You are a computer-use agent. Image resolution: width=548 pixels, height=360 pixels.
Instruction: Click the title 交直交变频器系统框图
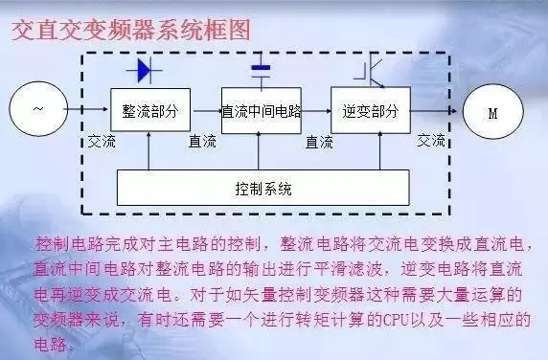[131, 31]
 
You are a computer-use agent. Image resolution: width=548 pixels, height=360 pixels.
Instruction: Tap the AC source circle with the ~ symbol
[38, 110]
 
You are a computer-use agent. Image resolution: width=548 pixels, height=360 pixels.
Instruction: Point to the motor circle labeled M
[492, 111]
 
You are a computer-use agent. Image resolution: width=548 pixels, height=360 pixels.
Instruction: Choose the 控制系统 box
[262, 187]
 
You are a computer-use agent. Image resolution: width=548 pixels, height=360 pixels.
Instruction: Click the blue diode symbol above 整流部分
[148, 70]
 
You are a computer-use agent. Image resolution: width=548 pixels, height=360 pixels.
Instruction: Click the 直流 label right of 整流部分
[203, 141]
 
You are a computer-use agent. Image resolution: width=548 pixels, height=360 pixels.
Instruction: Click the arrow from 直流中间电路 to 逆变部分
[316, 111]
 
